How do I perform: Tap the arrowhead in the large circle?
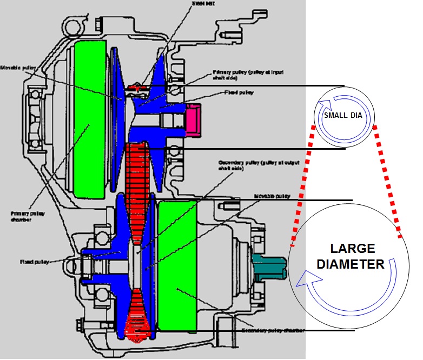(x=303, y=278)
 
